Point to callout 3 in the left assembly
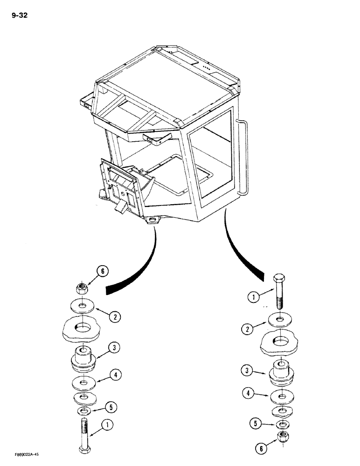114,348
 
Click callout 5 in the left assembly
111,406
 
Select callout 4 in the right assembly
249,393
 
